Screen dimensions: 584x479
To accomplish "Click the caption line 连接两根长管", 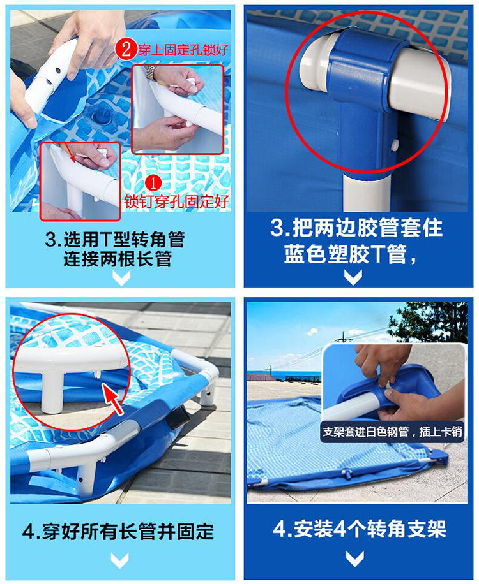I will (x=117, y=259).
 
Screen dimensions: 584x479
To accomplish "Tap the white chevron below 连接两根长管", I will (x=121, y=277).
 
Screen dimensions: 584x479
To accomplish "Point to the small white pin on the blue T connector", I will (x=395, y=146).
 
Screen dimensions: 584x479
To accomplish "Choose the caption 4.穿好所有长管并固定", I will (x=119, y=530).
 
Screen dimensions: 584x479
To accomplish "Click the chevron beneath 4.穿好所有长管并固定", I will (x=120, y=560).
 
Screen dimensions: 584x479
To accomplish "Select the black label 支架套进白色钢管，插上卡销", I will (x=392, y=432).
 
